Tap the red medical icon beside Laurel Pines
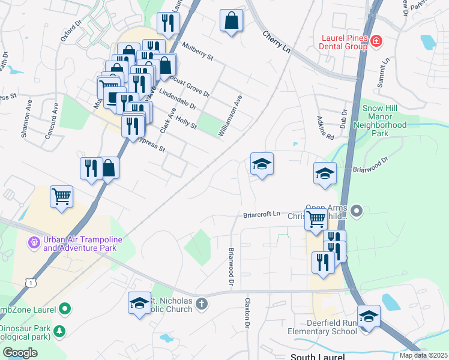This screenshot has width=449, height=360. [x=376, y=41]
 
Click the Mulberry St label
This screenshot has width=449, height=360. [x=199, y=51]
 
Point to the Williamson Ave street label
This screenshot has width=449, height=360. [x=230, y=116]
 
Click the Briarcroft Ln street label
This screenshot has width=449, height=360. [x=262, y=214]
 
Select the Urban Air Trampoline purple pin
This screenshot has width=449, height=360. [x=34, y=244]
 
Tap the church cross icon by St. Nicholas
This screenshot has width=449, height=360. [x=202, y=304]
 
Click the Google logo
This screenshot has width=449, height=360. [x=20, y=353]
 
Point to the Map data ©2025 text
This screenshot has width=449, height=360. [x=423, y=355]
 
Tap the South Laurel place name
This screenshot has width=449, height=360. [x=318, y=356]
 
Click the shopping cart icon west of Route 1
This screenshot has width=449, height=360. [x=62, y=196]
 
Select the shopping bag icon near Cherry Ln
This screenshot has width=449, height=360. [x=231, y=21]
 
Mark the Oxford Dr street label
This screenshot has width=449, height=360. [x=71, y=31]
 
